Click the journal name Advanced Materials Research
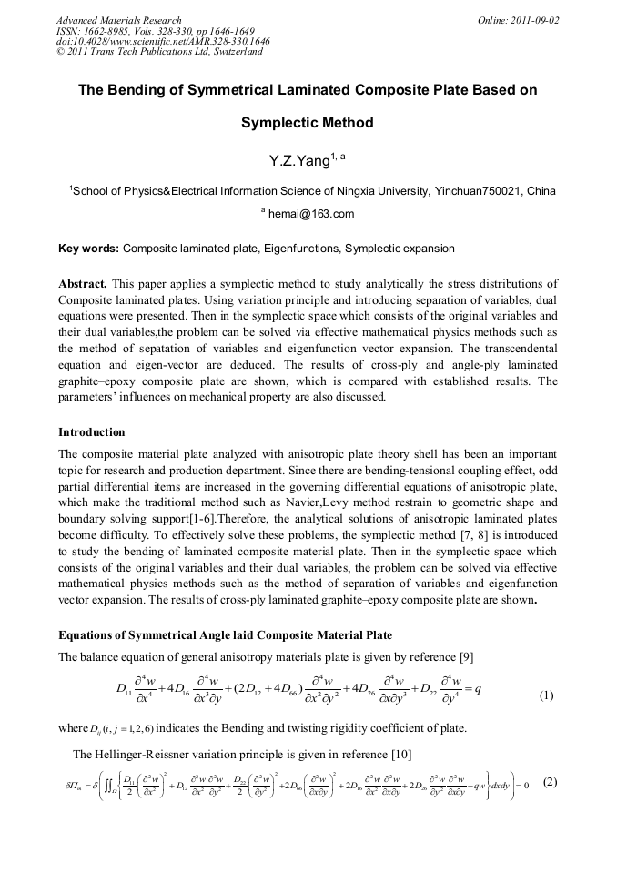click(119, 20)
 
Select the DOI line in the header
click(163, 41)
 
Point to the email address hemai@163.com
click(310, 215)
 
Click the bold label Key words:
click(88, 249)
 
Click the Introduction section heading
click(92, 431)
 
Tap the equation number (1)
click(546, 696)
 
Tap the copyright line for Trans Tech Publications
click(159, 52)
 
